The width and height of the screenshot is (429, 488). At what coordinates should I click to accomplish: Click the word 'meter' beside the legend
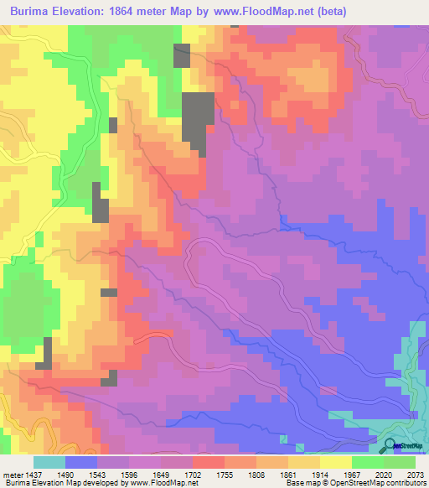coord(13,474)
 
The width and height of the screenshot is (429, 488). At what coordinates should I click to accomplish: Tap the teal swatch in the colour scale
coord(49,462)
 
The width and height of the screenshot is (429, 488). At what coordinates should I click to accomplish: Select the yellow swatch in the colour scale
coord(334,462)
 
